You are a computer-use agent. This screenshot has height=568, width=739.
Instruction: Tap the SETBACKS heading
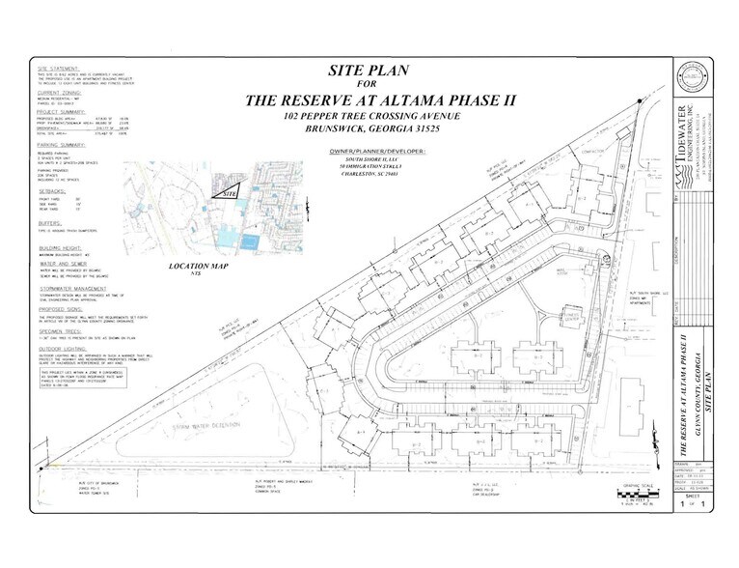coord(52,192)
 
